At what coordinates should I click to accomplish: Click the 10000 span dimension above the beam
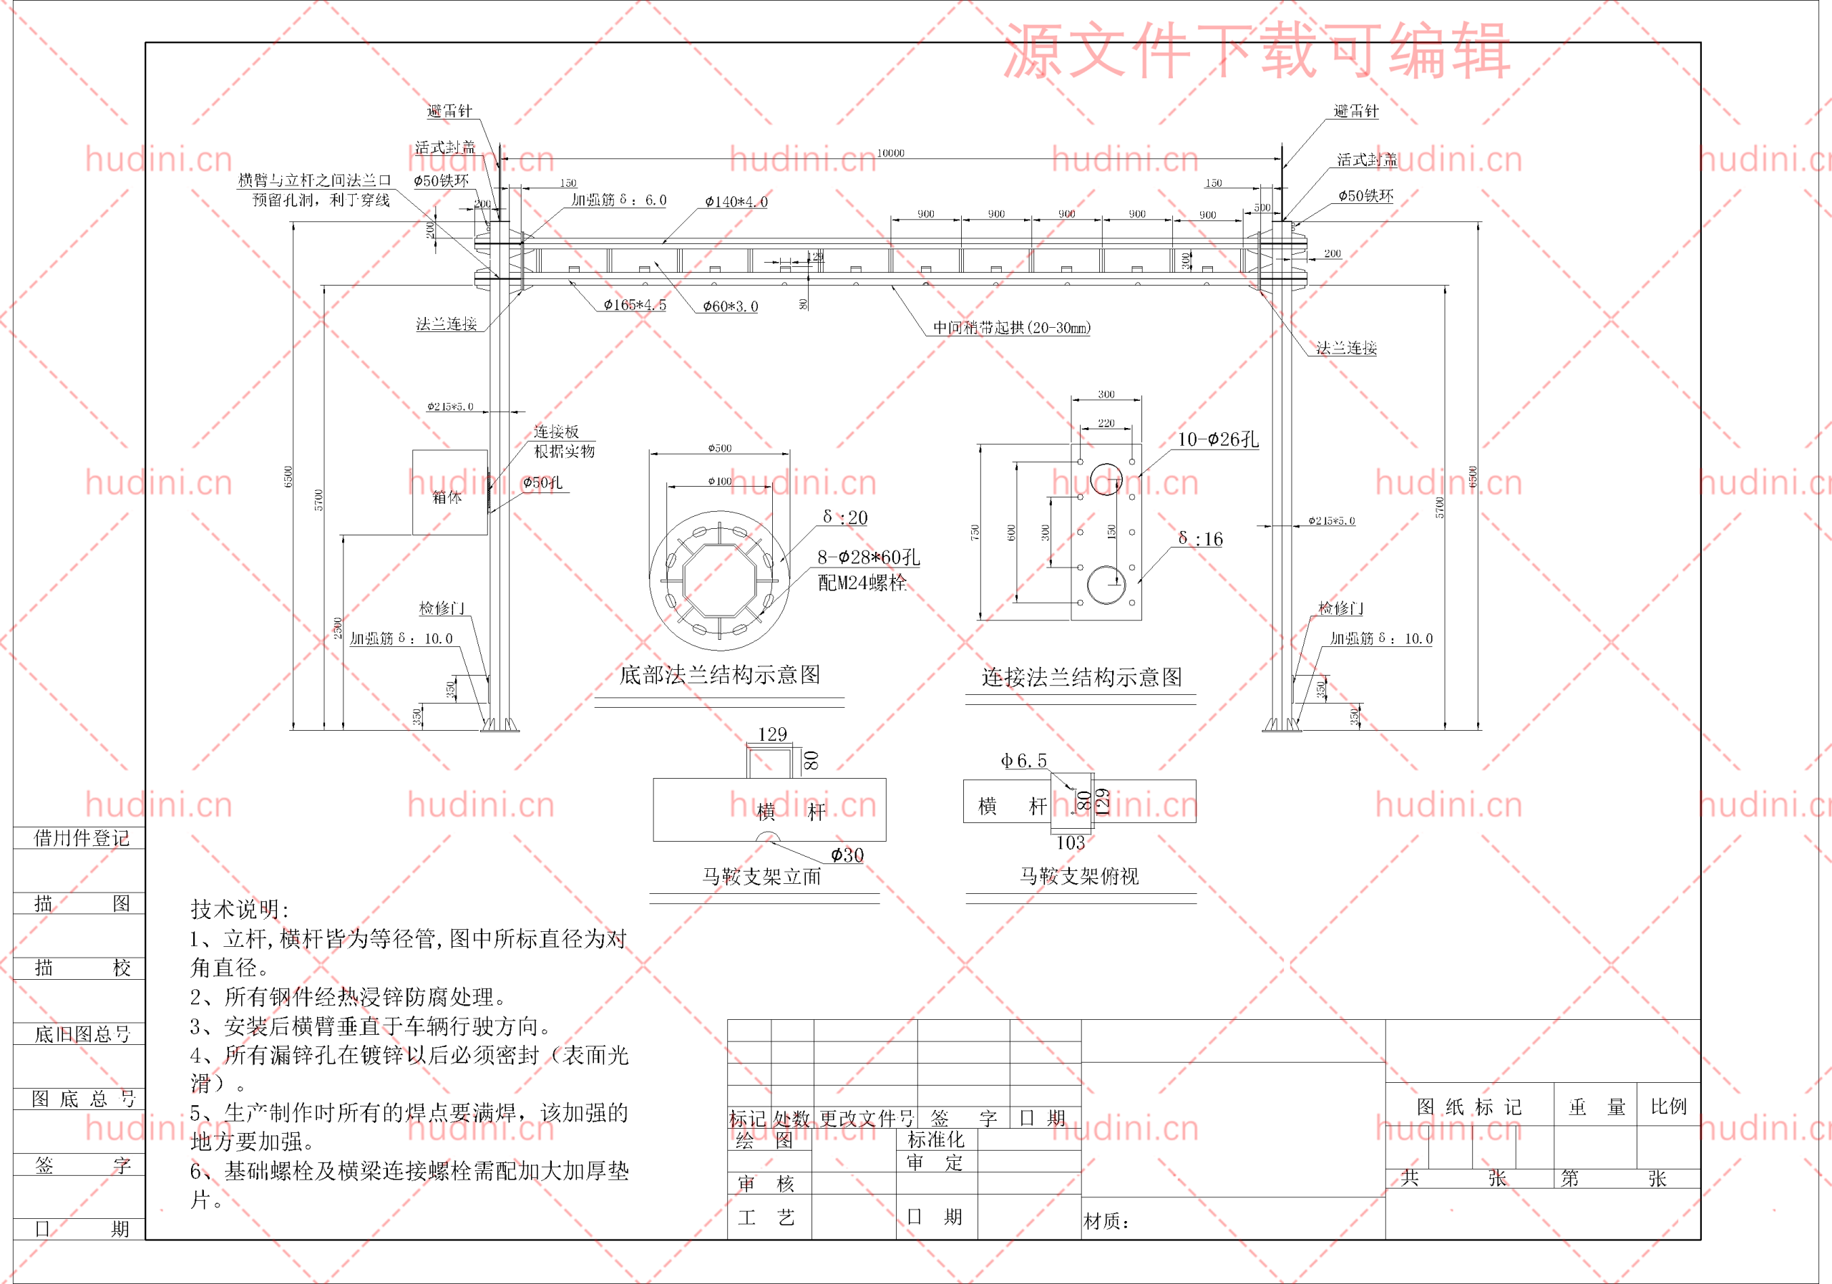click(x=890, y=153)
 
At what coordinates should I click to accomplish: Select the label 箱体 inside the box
click(x=447, y=497)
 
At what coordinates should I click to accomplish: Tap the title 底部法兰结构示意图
click(x=719, y=675)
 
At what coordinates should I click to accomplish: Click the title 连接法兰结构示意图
click(x=1081, y=678)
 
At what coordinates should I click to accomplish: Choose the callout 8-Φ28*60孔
click(x=868, y=557)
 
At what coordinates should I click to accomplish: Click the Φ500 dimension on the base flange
click(x=720, y=449)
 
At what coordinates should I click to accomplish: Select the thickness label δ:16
click(x=1200, y=540)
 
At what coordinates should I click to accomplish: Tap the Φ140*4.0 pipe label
click(x=736, y=202)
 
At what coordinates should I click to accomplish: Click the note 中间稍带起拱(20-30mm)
click(x=1012, y=328)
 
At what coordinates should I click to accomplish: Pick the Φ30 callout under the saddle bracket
click(x=847, y=855)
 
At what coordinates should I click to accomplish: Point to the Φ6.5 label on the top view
click(x=1024, y=762)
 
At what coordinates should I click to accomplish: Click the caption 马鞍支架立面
click(x=761, y=877)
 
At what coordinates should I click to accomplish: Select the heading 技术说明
click(x=239, y=909)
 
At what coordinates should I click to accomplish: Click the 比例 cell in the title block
click(x=1668, y=1107)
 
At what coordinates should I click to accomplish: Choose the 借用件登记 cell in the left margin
click(x=81, y=838)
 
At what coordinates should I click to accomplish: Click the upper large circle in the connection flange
click(x=1106, y=479)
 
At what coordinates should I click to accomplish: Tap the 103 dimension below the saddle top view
click(x=1070, y=842)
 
